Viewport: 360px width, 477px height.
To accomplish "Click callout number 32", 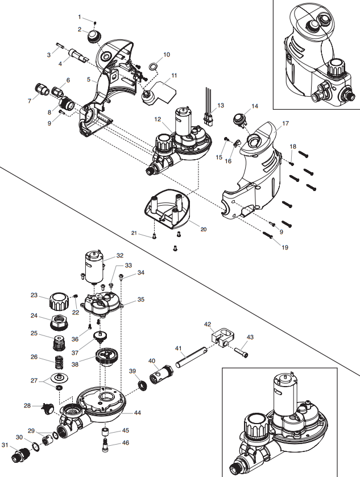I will pos(119,255).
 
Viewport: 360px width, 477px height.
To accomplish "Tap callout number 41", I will pos(178,347).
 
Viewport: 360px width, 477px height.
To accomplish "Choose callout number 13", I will pos(221,106).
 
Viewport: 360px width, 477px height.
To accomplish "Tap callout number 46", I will pos(126,442).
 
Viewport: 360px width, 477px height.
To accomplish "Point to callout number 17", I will pos(285,123).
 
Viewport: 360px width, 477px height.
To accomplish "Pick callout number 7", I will pos(30,101).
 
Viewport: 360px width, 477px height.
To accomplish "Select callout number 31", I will pos(5,445).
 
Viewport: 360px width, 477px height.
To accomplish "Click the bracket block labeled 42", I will pos(222,338).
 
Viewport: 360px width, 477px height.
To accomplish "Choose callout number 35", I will pos(140,299).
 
